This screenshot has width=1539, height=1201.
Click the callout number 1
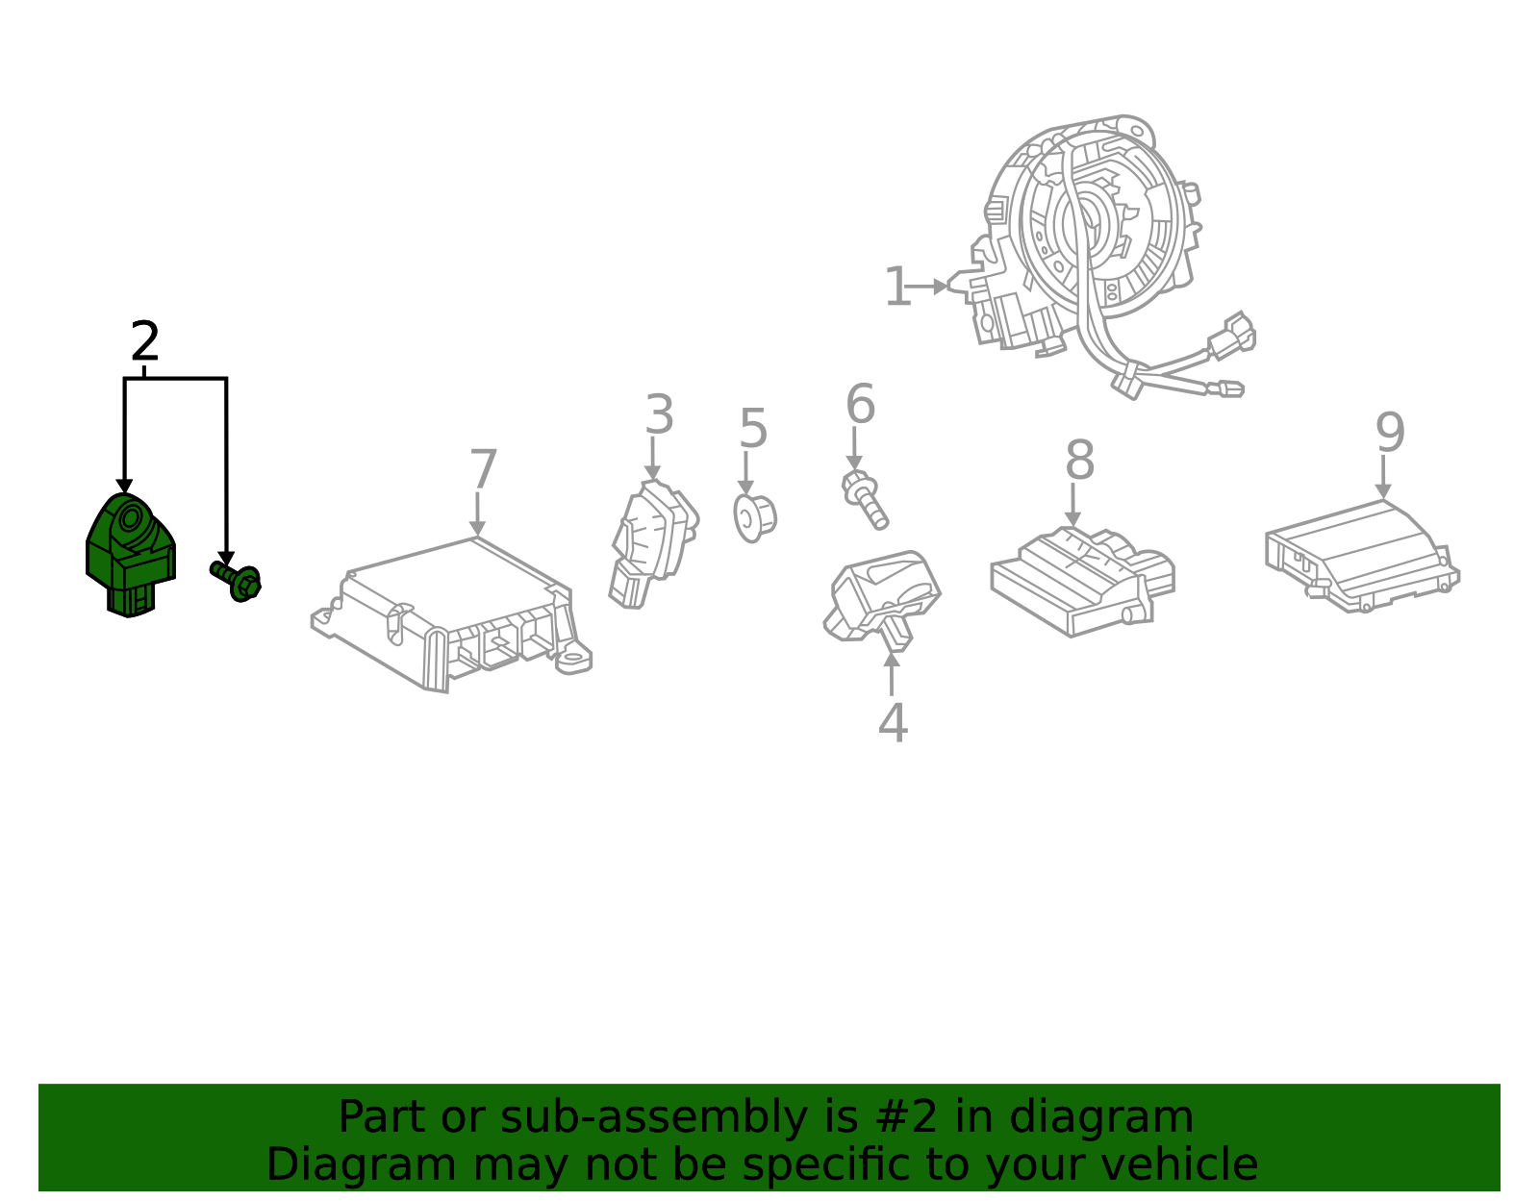[896, 288]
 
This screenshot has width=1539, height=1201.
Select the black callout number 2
[144, 342]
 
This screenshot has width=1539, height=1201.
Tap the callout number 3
[659, 415]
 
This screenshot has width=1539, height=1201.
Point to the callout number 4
[893, 723]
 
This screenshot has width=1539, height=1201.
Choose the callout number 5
[753, 429]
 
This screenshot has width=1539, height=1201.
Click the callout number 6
[860, 404]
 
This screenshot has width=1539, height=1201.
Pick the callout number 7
[483, 470]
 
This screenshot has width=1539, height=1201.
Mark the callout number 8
[1079, 461]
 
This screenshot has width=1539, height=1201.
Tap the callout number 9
[1390, 433]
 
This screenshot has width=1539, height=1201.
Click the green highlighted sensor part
[130, 554]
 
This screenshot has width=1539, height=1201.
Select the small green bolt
[238, 580]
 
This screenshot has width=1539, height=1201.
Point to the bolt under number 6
[865, 498]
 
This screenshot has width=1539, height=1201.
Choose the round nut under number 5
[754, 517]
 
